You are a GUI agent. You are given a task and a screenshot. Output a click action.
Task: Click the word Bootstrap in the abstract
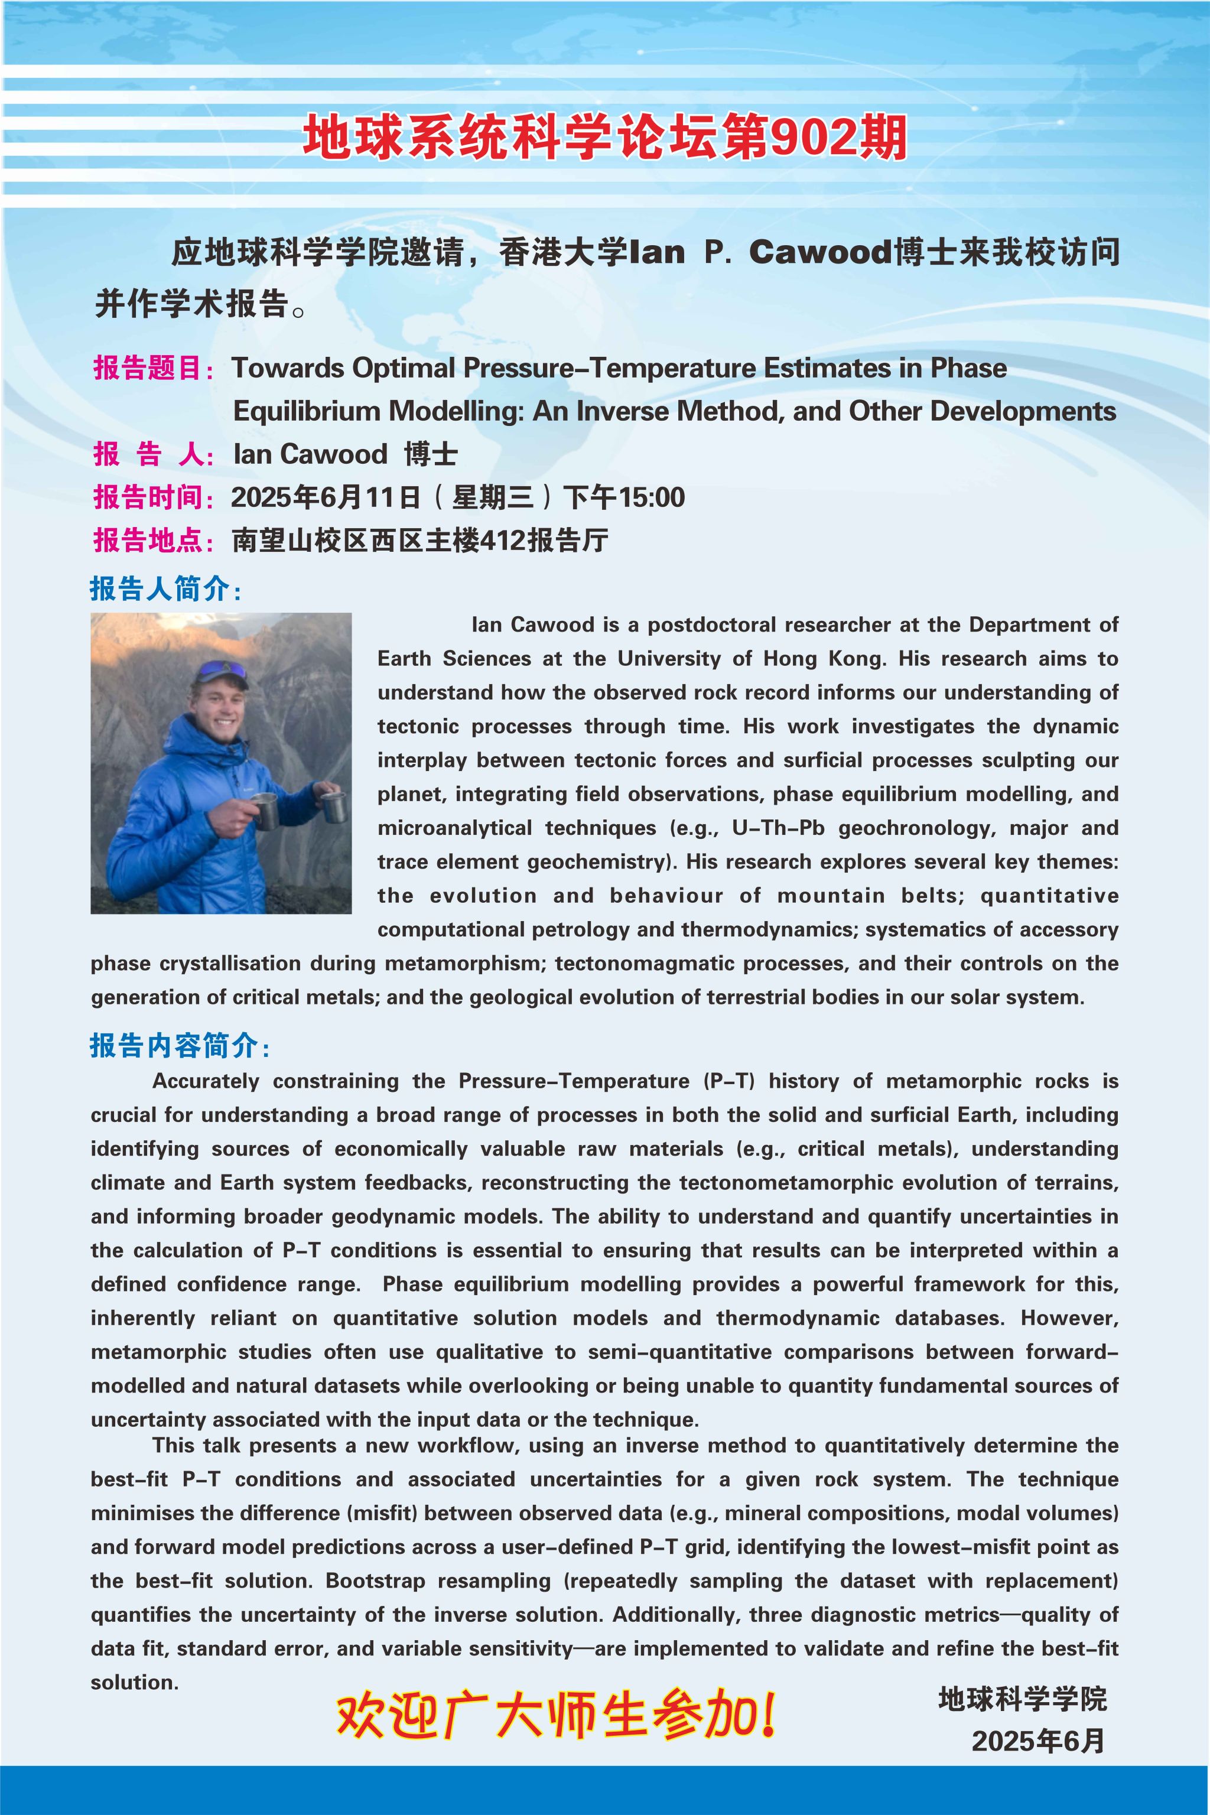point(375,1580)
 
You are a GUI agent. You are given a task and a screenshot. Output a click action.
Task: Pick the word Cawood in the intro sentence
point(819,252)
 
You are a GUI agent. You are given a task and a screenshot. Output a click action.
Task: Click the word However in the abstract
point(1068,1318)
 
